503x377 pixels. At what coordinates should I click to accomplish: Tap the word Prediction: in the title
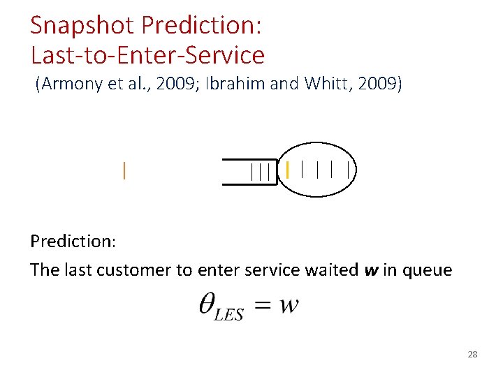(x=201, y=26)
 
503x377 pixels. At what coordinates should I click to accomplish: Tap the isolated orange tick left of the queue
(x=124, y=171)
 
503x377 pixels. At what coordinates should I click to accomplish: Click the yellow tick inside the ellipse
(x=287, y=169)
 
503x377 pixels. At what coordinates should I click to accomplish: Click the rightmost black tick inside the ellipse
(x=347, y=169)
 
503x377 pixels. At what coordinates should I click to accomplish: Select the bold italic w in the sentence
(x=372, y=270)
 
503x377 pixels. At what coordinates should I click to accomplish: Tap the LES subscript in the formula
(x=228, y=314)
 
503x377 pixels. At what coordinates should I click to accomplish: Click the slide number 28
(x=472, y=355)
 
